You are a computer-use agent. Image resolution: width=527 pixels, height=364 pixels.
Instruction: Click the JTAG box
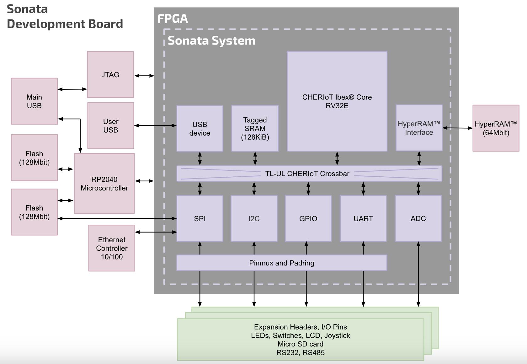coord(110,75)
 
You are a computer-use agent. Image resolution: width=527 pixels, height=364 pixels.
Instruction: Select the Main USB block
coord(34,101)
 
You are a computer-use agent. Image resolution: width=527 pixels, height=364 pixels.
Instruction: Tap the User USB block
coord(110,126)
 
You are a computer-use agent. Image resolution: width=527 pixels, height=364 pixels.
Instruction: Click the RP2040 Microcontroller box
coord(104,184)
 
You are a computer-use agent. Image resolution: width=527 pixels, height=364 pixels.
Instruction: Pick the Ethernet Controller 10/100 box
coord(111,248)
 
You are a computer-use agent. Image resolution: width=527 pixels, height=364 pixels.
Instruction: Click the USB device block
coord(200,129)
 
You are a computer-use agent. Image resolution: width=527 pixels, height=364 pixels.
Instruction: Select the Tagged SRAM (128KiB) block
coord(255,128)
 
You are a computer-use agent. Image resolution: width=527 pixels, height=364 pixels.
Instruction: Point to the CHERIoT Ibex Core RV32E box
coord(337,101)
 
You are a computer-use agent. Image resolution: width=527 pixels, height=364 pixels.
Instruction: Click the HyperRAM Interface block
coord(419,128)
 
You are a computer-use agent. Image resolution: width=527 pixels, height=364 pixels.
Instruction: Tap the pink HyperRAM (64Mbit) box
coord(496,128)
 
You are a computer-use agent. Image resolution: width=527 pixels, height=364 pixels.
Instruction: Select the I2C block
coord(254,218)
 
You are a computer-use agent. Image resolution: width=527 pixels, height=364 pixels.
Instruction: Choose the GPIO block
coord(308,218)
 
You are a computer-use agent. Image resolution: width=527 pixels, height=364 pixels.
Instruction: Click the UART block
coord(363,218)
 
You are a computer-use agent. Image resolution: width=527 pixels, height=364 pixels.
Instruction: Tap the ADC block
coord(418,218)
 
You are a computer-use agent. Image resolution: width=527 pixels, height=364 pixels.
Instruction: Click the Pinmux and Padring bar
coord(281,263)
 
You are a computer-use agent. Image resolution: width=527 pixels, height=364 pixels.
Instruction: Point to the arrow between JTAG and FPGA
coord(144,76)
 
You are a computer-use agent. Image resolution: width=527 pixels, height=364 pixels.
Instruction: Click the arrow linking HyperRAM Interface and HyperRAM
coord(457,128)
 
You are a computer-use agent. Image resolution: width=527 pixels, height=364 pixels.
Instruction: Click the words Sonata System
coord(211,41)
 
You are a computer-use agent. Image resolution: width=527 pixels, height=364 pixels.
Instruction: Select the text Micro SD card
coord(300,344)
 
